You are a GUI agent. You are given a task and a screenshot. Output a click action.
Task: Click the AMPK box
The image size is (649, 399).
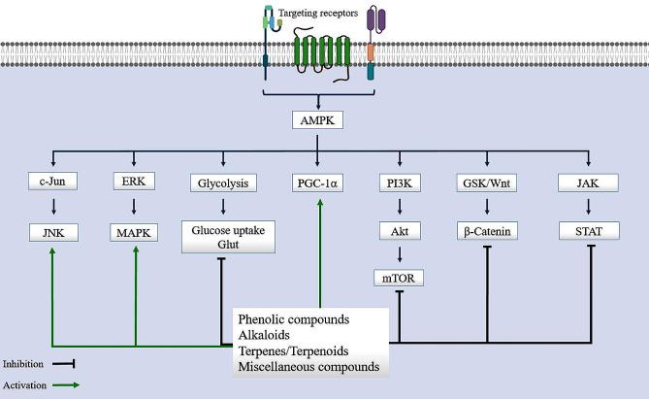tap(324, 121)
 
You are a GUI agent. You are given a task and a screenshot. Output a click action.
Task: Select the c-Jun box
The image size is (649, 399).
tap(52, 182)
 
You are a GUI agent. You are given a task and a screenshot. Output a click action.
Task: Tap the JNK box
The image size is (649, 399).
tap(52, 233)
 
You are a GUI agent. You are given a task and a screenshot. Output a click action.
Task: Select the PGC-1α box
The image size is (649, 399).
tap(323, 182)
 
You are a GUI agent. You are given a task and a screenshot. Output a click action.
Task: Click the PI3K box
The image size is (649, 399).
tap(401, 182)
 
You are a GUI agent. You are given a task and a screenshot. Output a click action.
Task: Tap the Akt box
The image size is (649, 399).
tap(401, 233)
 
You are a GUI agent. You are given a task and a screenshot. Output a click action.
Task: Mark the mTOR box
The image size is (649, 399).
tap(401, 280)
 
